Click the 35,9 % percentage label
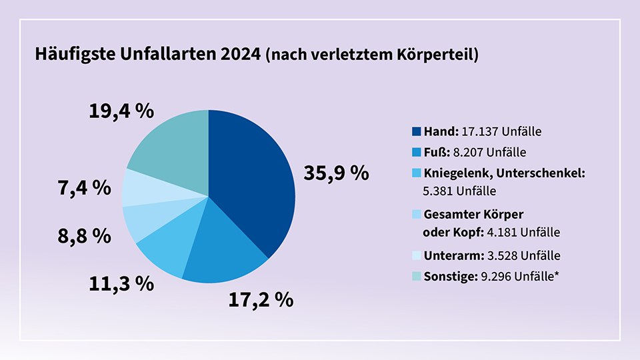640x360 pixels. click(x=336, y=173)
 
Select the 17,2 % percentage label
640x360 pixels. click(x=261, y=299)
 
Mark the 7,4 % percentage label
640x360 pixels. click(x=83, y=188)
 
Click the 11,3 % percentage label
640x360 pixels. click(x=121, y=283)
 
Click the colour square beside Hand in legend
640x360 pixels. click(x=417, y=131)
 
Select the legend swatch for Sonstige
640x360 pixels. click(x=417, y=275)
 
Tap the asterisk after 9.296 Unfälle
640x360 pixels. click(x=556, y=272)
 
